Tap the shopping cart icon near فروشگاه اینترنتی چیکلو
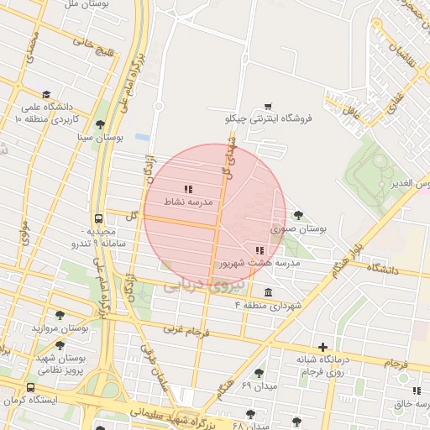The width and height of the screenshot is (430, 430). point(268,106)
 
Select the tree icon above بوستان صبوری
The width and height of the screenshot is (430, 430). point(300,215)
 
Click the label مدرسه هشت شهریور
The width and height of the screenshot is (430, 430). point(260,264)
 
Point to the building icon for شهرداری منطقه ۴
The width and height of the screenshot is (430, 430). point(268,292)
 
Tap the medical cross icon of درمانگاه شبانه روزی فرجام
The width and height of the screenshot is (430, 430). point(323,347)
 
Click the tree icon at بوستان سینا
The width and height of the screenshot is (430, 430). point(101,124)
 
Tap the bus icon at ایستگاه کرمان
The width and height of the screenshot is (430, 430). point(30,387)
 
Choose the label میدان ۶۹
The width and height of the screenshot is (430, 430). point(259,385)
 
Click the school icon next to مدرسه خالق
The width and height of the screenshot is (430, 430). point(417,391)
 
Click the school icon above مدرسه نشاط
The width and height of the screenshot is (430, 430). point(188,189)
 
